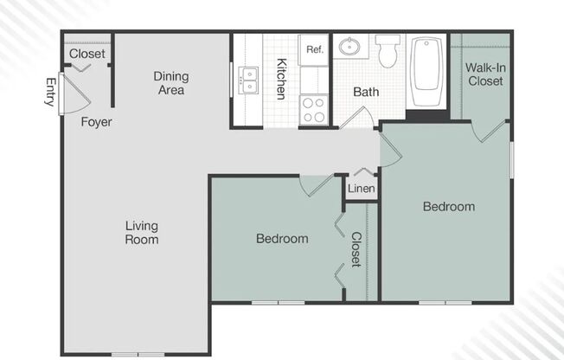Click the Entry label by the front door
pos(49,92)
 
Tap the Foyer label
pos(96,122)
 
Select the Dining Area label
pos(171,83)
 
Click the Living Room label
pos(142,232)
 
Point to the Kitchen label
pos(282,79)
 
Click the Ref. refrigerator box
pos(314,49)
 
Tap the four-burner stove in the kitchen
pos(314,110)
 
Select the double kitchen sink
pos(248,80)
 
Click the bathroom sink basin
pos(350,47)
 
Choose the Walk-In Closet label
pos(485,74)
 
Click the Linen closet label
pos(362,189)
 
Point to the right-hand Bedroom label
pos(448,207)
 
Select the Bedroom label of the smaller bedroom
pos(282,239)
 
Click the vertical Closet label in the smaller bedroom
pos(356,249)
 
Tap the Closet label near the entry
pos(87,54)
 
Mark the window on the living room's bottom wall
pos(138,354)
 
